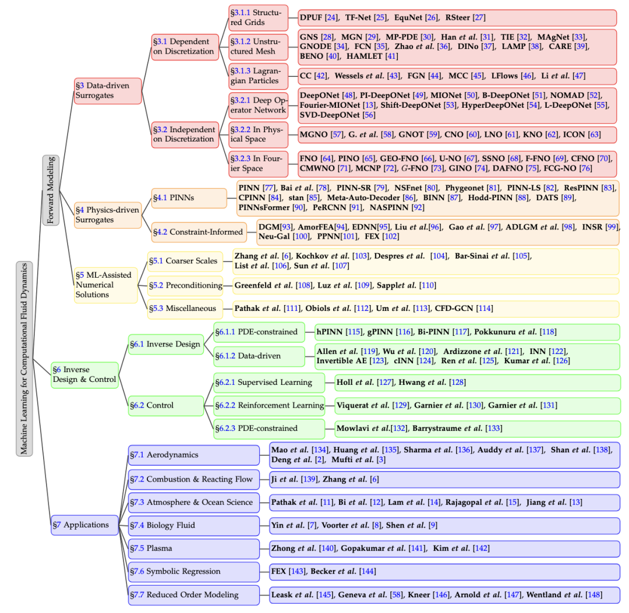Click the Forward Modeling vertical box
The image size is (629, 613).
(51, 190)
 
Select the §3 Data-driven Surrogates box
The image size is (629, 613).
(108, 91)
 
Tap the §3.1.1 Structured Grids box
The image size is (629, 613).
(259, 17)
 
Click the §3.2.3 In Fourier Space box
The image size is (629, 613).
(259, 164)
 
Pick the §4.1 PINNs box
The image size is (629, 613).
(189, 198)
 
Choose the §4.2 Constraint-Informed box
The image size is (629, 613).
(199, 232)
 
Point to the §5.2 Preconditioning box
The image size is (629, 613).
(185, 285)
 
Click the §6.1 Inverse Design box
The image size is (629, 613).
(166, 345)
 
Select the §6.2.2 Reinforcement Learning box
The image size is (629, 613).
(269, 405)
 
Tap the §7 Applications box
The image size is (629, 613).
(85, 525)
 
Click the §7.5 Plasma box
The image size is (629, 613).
(194, 548)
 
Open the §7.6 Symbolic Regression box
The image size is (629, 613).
(194, 572)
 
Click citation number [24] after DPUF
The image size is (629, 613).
(331, 17)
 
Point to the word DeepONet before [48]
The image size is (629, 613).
(320, 95)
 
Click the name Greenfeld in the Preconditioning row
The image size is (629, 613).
(253, 285)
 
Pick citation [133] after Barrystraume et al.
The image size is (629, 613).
(493, 428)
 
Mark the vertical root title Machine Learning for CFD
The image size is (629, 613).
(24, 359)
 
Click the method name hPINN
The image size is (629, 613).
(329, 332)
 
